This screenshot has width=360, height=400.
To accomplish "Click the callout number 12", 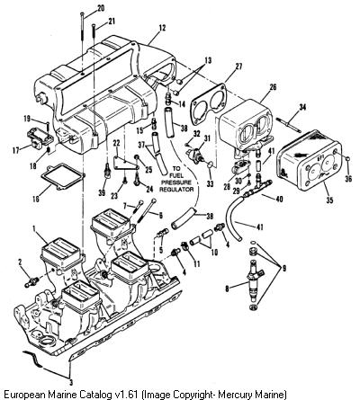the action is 162,28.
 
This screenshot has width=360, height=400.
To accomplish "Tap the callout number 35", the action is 329,200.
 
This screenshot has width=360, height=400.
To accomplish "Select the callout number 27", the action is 238,66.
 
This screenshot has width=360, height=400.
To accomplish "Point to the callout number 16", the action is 36,199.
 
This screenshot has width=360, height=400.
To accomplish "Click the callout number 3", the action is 71,382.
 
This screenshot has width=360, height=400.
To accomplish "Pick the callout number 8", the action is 227,289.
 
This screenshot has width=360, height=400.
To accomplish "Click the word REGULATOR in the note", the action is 176,190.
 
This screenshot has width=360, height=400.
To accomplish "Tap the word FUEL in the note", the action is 175,174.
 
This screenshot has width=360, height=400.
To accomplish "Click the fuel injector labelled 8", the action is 255,279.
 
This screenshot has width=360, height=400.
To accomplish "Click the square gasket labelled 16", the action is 63,177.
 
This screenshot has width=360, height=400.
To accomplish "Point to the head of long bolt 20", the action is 82,13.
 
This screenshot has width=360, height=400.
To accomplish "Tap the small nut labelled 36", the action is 347,158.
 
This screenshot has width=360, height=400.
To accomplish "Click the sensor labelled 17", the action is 38,138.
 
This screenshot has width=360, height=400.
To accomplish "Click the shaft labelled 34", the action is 288,124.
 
